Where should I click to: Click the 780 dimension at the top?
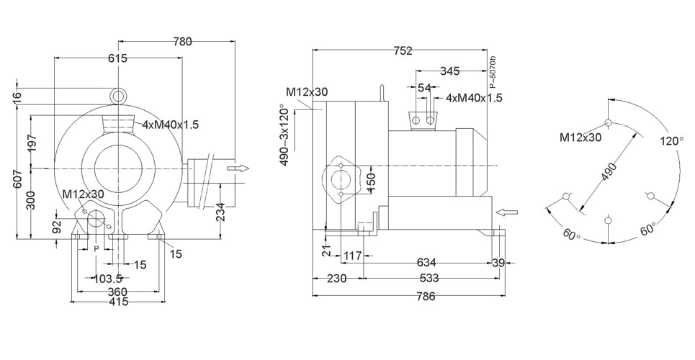(182, 42)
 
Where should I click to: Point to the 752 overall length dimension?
(403, 50)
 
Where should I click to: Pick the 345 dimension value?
(449, 71)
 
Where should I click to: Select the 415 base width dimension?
(118, 302)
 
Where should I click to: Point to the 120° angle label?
(671, 141)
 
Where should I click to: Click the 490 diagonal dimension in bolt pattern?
(609, 174)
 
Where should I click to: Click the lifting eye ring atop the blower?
(118, 94)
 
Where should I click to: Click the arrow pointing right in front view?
(238, 168)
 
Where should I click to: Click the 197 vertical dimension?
(32, 143)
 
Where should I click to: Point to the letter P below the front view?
(96, 248)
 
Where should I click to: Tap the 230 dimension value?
(337, 278)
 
